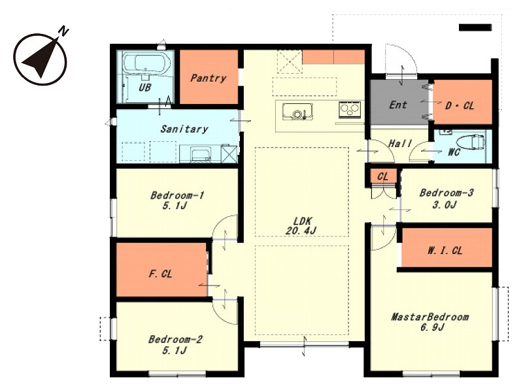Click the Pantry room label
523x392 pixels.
pos(208,78)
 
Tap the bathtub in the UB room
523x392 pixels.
pos(146,63)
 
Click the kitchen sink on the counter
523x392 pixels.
pos(297,111)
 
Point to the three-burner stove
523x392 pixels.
pos(350,109)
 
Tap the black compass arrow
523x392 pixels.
pos(40,57)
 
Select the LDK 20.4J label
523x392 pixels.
pos(302,225)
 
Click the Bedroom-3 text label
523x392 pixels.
pos(447,193)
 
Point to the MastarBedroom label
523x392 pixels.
pos(430,317)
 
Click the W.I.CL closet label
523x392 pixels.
pos(445,250)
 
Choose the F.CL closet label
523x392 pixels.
pos(160,274)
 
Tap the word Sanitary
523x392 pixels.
pos(184,129)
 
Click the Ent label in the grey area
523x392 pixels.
pos(398,105)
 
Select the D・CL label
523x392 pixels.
pos(460,106)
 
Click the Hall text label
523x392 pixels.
pos(400,144)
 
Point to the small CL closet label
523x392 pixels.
pos(382,176)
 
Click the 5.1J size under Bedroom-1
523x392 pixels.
pos(174,206)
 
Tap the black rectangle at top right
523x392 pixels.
pos(475,27)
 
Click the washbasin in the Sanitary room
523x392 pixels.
pos(200,154)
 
